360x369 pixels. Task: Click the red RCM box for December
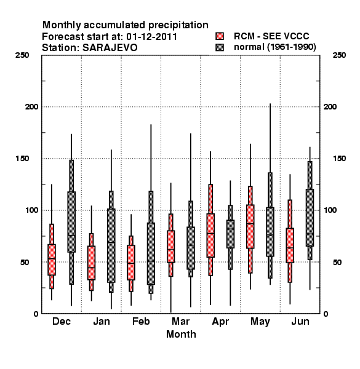(52, 260)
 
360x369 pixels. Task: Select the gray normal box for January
(111, 245)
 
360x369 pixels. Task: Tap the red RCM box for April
(210, 236)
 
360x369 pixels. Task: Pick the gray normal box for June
(310, 218)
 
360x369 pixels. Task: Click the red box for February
(131, 263)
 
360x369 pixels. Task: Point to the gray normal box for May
(270, 232)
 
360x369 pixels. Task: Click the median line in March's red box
(170, 250)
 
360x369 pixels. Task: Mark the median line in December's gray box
(71, 236)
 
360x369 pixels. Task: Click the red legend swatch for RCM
(220, 36)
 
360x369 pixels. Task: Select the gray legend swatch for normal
(220, 47)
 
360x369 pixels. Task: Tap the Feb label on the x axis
(141, 321)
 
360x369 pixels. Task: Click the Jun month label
(300, 321)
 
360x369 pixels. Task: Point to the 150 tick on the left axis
(22, 159)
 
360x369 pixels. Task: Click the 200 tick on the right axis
(330, 106)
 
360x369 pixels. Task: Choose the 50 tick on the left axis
(25, 262)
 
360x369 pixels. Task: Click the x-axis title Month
(181, 334)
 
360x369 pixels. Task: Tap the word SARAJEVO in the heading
(110, 48)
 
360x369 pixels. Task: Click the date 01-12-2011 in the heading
(151, 37)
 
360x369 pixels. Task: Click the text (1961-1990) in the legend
(292, 47)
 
